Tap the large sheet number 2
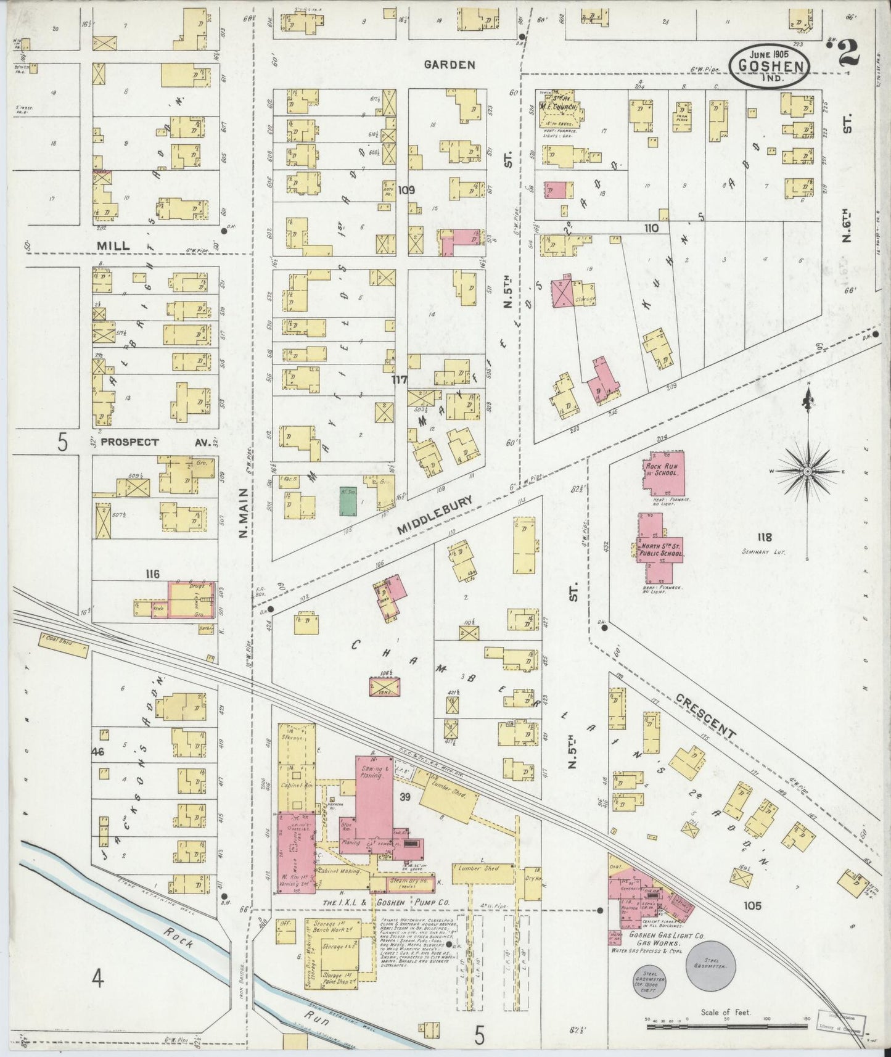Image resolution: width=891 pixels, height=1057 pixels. [x=849, y=54]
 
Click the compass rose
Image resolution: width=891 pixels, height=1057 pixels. [x=807, y=471]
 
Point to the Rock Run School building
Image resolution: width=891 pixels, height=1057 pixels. [x=662, y=472]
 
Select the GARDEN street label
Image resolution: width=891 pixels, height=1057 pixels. [x=449, y=64]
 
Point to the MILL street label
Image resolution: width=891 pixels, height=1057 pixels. [x=113, y=245]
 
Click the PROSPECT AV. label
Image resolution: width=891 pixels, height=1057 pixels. [x=129, y=442]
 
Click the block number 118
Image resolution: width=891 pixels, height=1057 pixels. [x=766, y=537]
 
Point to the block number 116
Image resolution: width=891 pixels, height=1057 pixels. [x=152, y=574]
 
